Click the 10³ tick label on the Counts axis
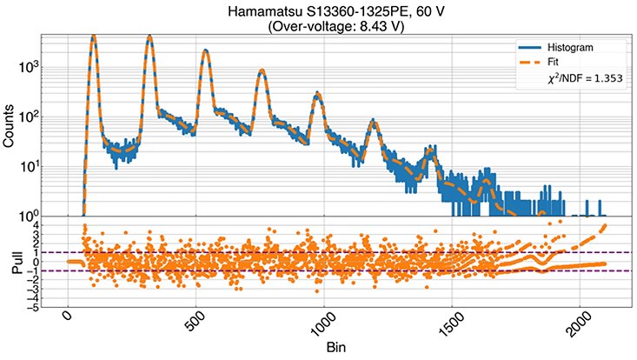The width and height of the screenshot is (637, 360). click(x=36, y=66)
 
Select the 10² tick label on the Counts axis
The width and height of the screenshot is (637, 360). click(x=36, y=117)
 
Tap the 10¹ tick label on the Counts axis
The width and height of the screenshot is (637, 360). click(x=36, y=166)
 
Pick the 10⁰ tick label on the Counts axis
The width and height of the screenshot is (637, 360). click(x=36, y=216)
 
